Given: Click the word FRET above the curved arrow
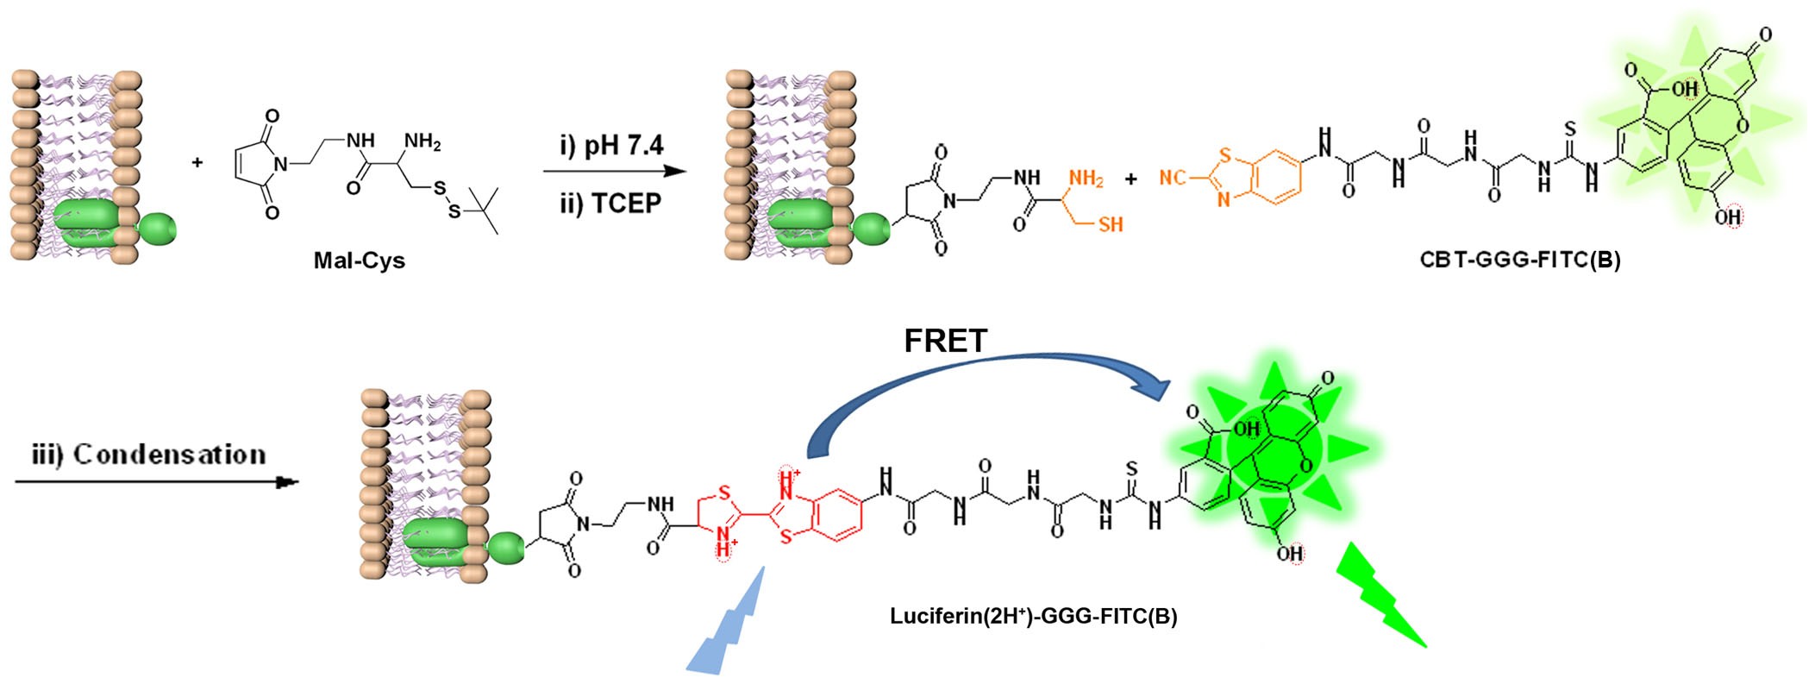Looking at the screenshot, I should click(x=945, y=342).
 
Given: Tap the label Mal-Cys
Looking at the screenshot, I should click(x=360, y=260).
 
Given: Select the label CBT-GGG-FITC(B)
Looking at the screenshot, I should click(x=1520, y=260).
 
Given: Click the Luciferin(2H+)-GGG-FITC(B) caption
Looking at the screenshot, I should click(x=1033, y=616).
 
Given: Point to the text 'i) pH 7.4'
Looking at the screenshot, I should click(x=611, y=145).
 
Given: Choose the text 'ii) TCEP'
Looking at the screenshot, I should click(x=611, y=204).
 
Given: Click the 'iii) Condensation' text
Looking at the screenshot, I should click(x=149, y=455).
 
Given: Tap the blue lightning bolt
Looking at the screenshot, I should click(x=729, y=621).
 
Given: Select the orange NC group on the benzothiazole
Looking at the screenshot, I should click(x=1173, y=177).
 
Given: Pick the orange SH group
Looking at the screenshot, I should click(x=1109, y=224).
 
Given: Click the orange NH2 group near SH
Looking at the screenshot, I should click(x=1085, y=179).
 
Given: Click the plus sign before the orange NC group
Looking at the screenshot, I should click(x=1130, y=179).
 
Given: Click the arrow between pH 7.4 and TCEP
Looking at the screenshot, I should click(x=614, y=172).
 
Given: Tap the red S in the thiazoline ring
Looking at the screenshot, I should click(x=723, y=493).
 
